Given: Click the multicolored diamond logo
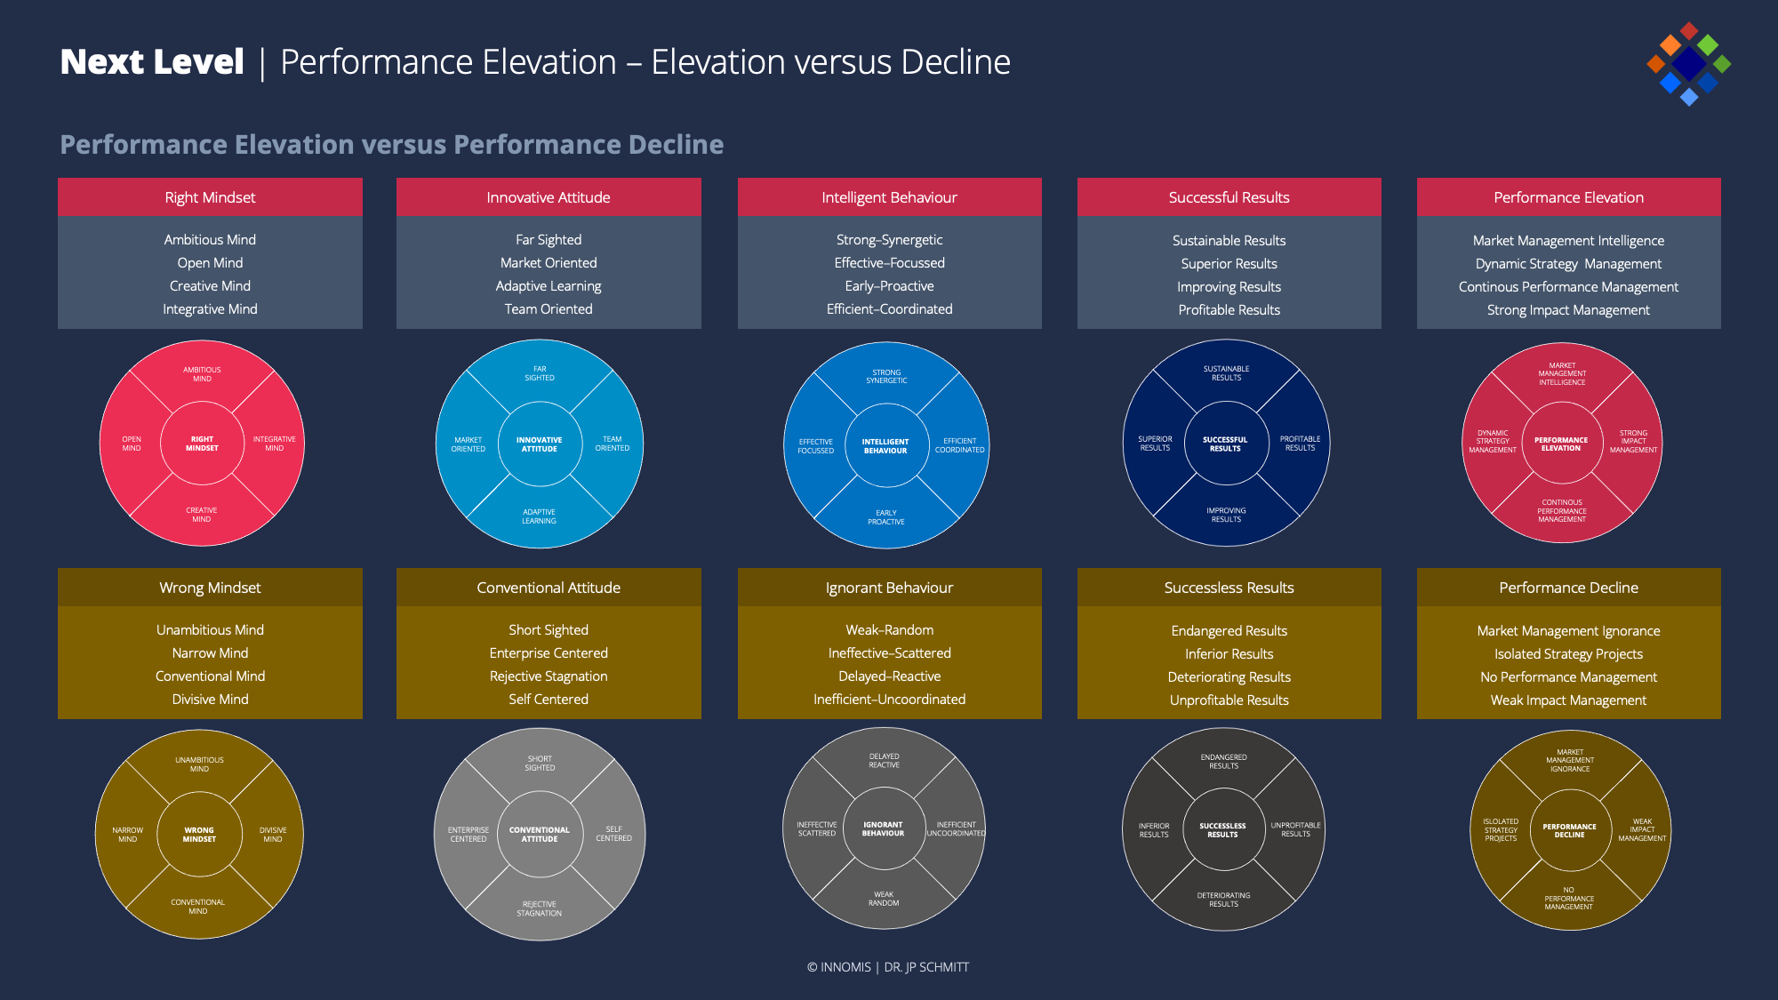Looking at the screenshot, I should point(1688,64).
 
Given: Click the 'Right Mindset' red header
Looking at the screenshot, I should point(210,197).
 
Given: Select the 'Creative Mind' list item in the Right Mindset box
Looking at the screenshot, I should point(210,286).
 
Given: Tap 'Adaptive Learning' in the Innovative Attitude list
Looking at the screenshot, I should point(549,286).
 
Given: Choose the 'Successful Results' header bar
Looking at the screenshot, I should point(1229,197).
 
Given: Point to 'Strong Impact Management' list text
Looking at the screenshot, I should point(1568,310).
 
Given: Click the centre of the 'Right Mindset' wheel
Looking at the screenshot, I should point(202,444).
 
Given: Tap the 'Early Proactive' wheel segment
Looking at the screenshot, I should point(886,517).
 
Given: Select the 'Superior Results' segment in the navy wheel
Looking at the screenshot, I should point(1155,444).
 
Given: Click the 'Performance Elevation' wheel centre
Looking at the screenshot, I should point(1561,444).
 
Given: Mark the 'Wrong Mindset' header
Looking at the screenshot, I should point(210,588).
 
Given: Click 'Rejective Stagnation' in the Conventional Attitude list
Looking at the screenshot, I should point(549,676).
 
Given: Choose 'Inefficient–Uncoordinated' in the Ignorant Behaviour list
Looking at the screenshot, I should point(889,700).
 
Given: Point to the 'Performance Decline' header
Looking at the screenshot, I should point(1568,588).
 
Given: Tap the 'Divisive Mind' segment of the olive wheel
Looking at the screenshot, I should point(273,835).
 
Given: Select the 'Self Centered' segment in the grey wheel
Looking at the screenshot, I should point(613,834).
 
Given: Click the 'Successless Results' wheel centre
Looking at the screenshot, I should point(1222,830).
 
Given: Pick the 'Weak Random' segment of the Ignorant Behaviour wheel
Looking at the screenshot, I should point(884,899).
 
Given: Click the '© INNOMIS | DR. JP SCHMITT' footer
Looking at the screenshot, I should point(888,967).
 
